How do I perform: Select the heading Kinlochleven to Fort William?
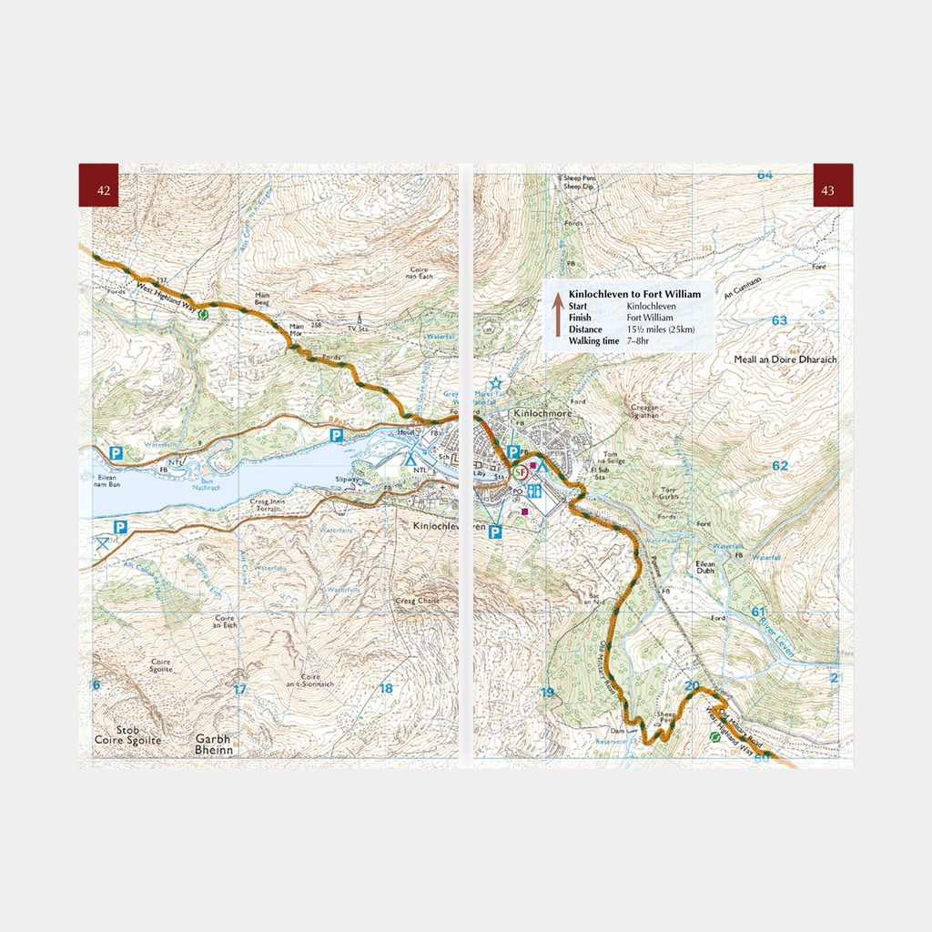tap(634, 295)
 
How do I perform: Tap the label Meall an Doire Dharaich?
tap(785, 360)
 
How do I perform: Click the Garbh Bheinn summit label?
tap(214, 745)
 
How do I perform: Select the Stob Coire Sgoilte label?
tap(127, 735)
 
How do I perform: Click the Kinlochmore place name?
tap(546, 411)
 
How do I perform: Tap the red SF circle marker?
tap(521, 473)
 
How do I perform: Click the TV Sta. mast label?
tap(359, 327)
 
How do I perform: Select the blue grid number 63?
tap(779, 320)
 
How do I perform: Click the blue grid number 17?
tap(239, 689)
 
